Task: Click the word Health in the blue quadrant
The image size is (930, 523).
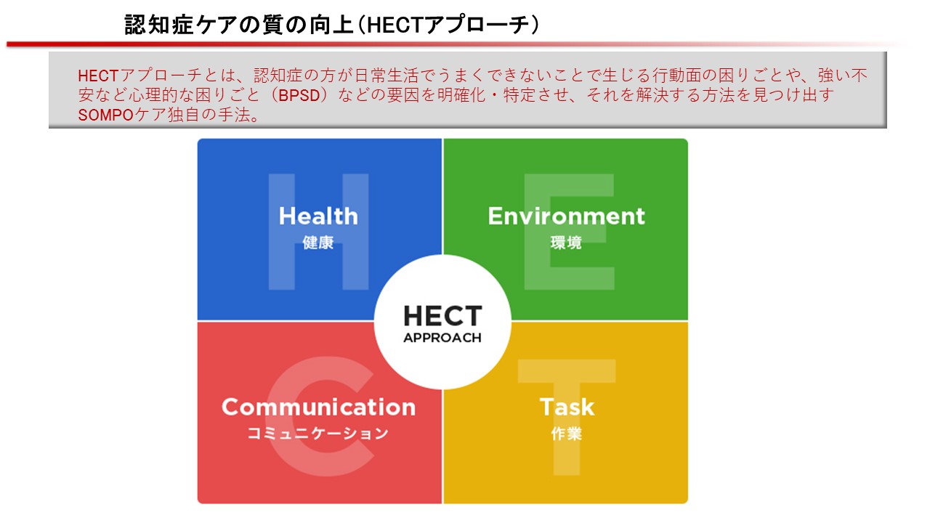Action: [x=318, y=216]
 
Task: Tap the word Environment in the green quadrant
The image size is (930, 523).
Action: [x=566, y=216]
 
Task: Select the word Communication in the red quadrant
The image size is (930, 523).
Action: [x=318, y=407]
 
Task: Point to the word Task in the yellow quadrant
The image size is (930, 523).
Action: [x=567, y=407]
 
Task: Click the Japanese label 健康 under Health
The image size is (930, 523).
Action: [x=318, y=243]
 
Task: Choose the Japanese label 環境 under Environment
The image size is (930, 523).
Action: [x=566, y=243]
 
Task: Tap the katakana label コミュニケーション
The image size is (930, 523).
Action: [x=318, y=434]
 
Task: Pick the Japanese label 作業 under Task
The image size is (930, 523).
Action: [x=567, y=434]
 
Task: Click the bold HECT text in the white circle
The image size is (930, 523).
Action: [x=442, y=316]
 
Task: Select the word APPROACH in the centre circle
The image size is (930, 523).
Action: [x=442, y=338]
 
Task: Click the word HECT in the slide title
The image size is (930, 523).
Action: [x=395, y=25]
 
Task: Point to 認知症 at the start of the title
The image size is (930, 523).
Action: [x=159, y=25]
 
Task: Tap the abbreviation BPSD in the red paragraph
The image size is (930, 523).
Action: [x=299, y=95]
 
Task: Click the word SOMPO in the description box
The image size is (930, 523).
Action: [x=105, y=115]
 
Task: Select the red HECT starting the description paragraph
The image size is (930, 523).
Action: [x=98, y=76]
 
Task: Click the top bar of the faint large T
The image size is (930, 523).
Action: [x=567, y=371]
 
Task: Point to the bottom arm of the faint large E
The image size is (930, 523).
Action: [x=570, y=278]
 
